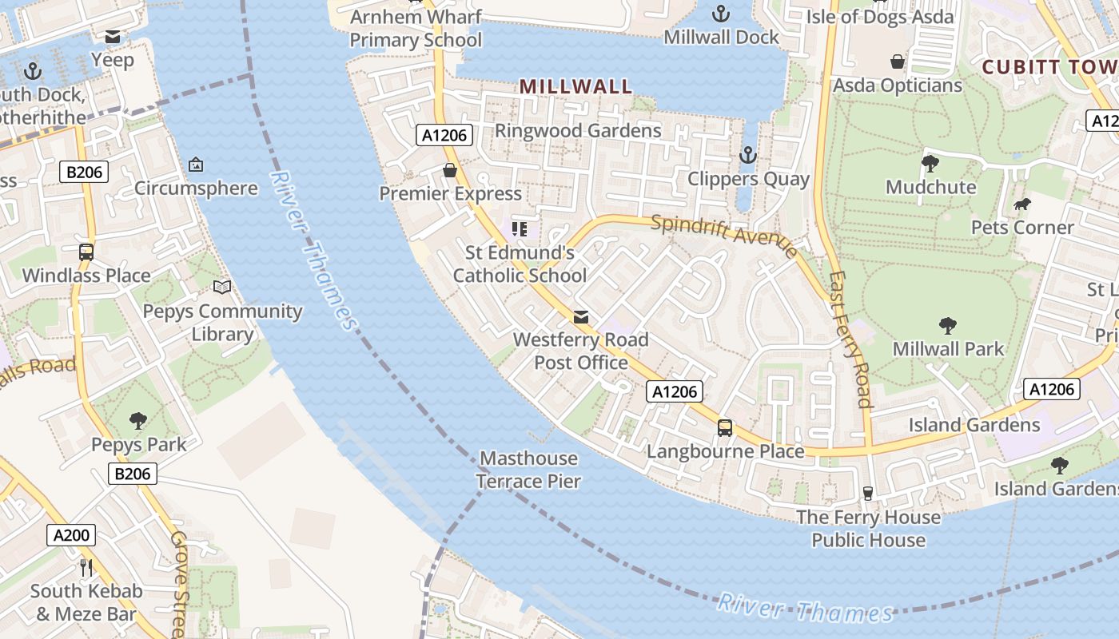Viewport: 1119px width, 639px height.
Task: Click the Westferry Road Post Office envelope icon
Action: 581,317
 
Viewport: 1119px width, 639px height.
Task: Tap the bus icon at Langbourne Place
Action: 724,428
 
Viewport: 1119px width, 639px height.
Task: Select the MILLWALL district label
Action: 575,86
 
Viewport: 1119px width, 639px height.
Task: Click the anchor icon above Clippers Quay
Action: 747,155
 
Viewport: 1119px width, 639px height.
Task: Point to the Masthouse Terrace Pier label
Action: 528,470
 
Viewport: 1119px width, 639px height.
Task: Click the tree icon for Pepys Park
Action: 138,421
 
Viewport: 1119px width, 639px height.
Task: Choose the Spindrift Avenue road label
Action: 724,235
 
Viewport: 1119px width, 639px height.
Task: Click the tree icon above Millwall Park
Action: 948,326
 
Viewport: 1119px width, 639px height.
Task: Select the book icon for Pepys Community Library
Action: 222,288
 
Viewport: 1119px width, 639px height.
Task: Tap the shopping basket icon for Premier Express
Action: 450,170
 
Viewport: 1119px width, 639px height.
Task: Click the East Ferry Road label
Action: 849,339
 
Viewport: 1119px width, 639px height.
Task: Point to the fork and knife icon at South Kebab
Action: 86,568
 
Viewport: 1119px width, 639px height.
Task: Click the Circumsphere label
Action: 196,189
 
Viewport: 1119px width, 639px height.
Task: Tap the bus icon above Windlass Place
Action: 86,252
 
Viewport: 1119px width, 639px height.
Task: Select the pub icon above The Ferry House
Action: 868,493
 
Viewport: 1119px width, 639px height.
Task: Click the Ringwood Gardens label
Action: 578,130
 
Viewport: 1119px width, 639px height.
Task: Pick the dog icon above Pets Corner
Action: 1021,204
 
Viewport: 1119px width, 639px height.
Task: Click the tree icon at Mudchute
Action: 930,164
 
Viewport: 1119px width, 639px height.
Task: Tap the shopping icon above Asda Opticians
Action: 897,62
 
